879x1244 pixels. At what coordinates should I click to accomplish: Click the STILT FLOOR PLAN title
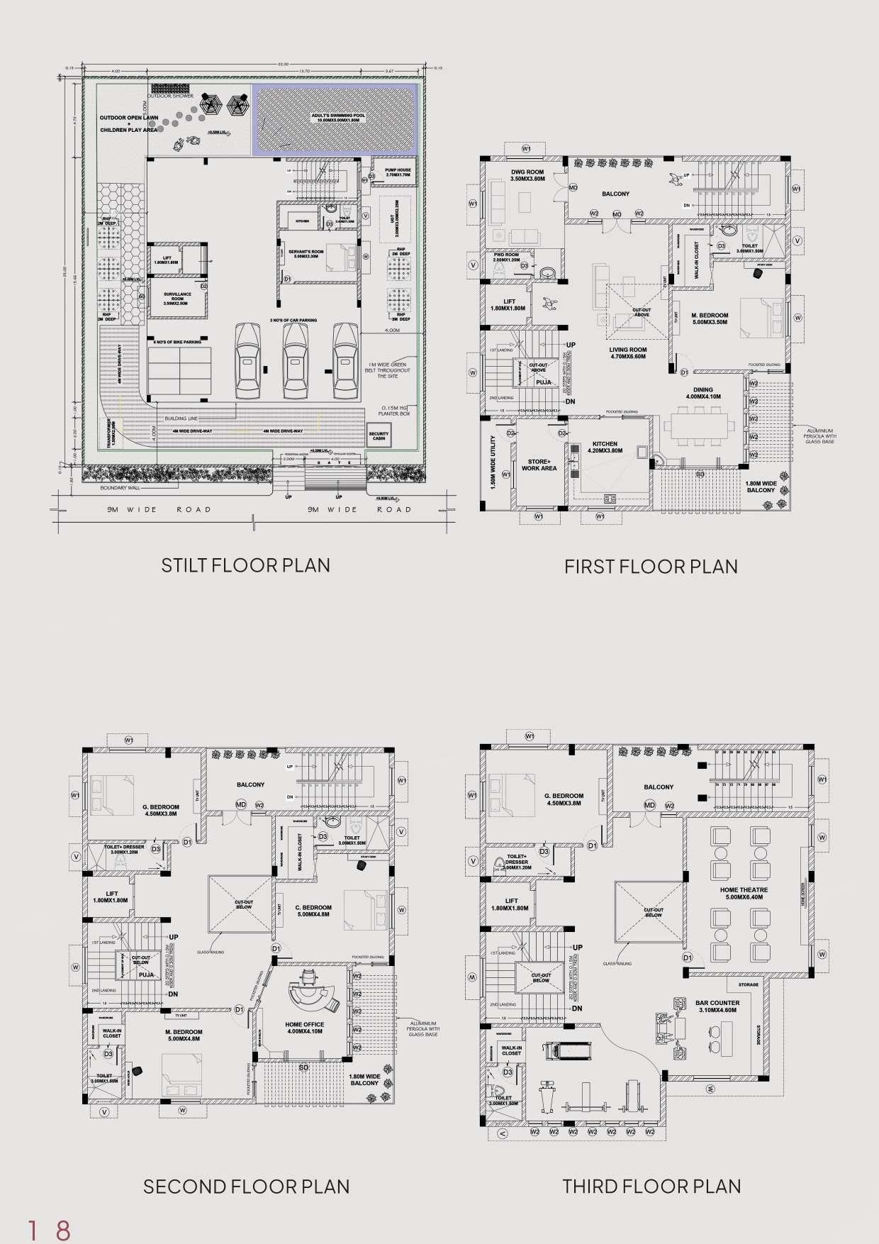tap(245, 565)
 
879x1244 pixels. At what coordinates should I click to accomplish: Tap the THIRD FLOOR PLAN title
tap(651, 1185)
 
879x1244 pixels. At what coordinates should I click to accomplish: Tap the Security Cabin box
tap(379, 436)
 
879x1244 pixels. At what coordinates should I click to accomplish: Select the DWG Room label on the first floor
tap(527, 175)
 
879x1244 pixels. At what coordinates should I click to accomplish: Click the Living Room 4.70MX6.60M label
tap(627, 353)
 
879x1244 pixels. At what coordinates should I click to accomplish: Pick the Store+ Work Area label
tap(539, 465)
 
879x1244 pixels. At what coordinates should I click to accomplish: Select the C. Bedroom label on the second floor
tap(313, 911)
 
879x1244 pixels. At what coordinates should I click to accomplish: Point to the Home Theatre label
tap(744, 893)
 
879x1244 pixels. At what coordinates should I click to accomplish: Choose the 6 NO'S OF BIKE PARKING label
tap(174, 342)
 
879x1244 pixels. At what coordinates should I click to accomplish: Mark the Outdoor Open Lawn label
tap(128, 124)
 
